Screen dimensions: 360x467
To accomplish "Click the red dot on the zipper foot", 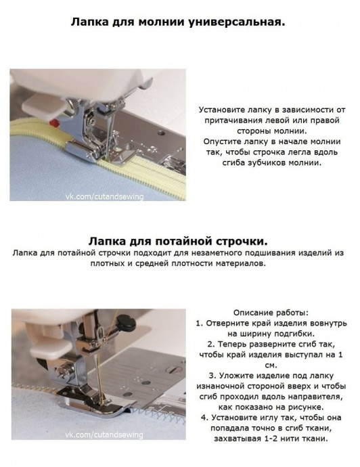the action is [x=55, y=123].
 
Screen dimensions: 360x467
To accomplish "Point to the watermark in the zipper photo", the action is [x=104, y=196].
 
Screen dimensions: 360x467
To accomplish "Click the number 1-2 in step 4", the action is [x=271, y=439].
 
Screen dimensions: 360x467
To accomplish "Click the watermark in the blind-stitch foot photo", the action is [x=104, y=435].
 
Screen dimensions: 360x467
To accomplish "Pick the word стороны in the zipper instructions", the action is [x=254, y=131].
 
